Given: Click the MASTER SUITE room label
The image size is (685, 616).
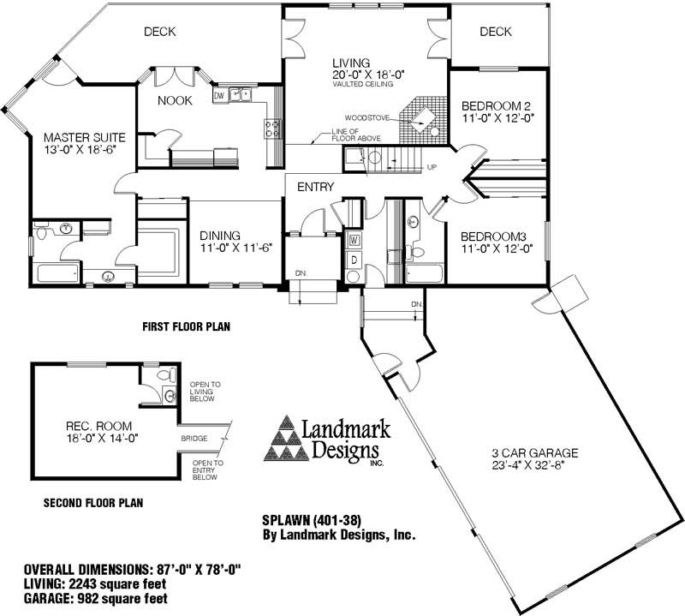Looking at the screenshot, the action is point(85,138).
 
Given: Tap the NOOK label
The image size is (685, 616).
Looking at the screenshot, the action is point(175,101).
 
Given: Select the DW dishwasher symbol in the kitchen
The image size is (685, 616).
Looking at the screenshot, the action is point(220,96).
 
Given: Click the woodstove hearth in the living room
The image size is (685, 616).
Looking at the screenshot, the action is point(423,119).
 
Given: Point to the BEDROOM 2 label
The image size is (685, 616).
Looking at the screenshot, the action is point(497,106).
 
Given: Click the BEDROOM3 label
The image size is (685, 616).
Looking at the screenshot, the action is point(494,237).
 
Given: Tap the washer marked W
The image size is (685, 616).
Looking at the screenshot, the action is point(354,240).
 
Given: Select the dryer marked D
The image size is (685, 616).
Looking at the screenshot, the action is point(354,260).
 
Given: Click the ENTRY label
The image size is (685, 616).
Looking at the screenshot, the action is point(315,187).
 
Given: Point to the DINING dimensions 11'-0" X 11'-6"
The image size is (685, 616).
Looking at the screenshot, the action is point(236,248).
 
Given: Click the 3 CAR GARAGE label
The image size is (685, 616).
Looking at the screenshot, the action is point(534,453).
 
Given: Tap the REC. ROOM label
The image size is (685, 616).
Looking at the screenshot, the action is point(98,426).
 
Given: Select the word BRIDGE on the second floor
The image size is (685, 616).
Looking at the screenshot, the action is point(194,439).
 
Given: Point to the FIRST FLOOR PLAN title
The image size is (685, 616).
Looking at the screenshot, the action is point(187,326).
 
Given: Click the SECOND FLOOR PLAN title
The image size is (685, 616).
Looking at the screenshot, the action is point(93,503).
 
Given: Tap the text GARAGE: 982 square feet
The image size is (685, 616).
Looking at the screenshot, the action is point(96,598).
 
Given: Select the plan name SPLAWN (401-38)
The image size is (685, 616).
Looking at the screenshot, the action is point(312,520).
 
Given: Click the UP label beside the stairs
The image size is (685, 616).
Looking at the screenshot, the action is point(432,167).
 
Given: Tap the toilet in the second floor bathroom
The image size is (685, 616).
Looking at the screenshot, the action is point(166,374).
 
